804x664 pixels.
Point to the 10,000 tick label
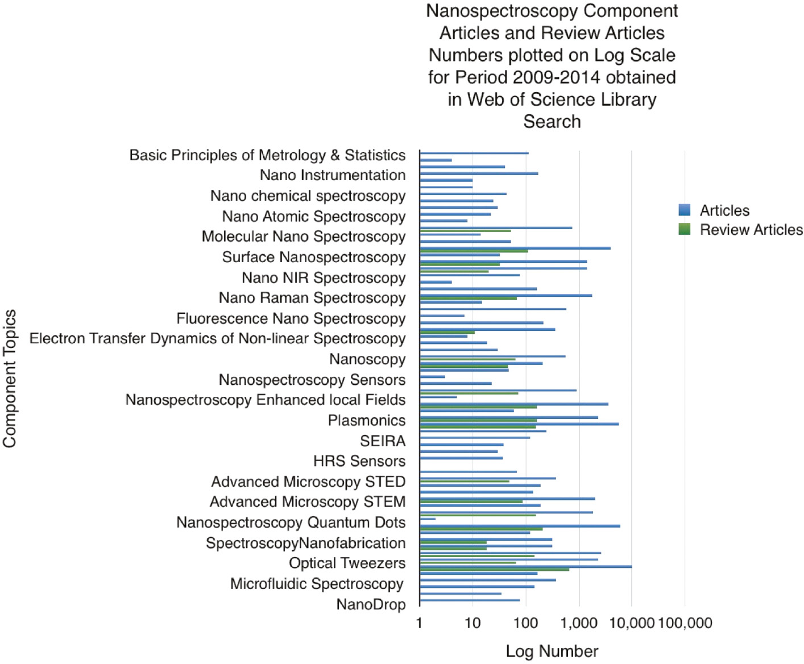tap(631, 623)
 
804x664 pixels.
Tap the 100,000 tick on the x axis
tap(685, 623)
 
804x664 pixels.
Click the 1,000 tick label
tap(579, 623)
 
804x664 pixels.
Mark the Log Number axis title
tap(552, 651)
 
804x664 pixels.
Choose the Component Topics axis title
tap(10, 379)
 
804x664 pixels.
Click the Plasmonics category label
tap(367, 421)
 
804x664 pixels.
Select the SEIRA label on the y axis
tap(383, 441)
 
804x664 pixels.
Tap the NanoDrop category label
tap(371, 604)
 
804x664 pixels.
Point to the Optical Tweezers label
tap(347, 563)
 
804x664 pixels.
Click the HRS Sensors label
tap(359, 461)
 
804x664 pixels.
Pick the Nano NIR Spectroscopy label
tap(324, 278)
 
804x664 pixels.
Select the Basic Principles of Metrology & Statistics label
tap(267, 155)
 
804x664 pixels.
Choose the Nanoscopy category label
tap(367, 359)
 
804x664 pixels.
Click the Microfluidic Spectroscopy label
tap(317, 584)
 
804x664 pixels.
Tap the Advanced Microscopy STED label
tap(308, 482)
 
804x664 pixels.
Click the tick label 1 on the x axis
tap(419, 623)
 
